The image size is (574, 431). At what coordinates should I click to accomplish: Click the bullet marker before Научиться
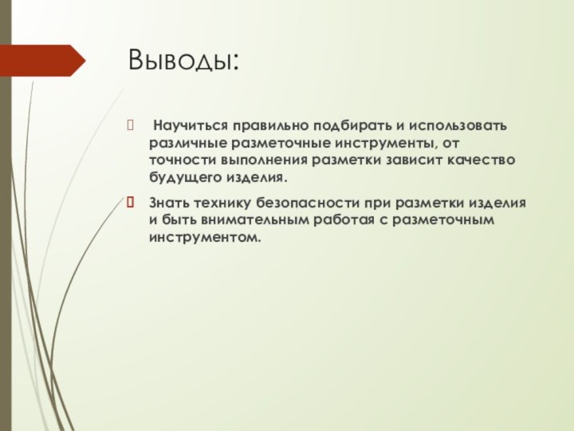[132, 126]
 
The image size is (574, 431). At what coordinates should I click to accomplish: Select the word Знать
[169, 204]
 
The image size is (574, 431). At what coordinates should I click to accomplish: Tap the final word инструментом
[204, 238]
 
